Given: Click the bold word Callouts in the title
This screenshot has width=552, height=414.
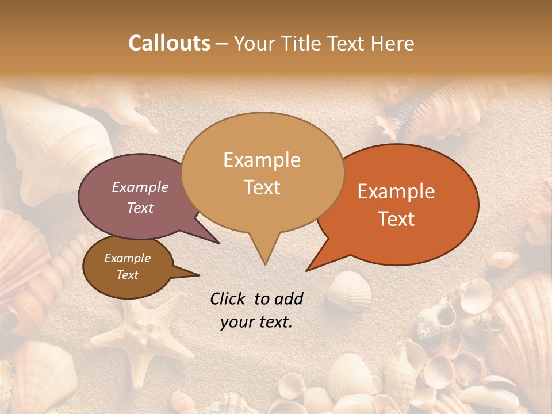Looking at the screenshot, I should (x=169, y=43).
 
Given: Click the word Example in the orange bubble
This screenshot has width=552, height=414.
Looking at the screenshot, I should (x=396, y=191).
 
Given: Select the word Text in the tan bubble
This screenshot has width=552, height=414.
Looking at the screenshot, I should (x=262, y=187).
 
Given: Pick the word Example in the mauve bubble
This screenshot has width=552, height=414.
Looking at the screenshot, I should (x=140, y=187).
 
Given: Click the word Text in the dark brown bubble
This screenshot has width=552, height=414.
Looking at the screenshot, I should (x=128, y=275).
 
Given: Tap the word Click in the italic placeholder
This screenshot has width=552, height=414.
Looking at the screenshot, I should (x=229, y=298).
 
